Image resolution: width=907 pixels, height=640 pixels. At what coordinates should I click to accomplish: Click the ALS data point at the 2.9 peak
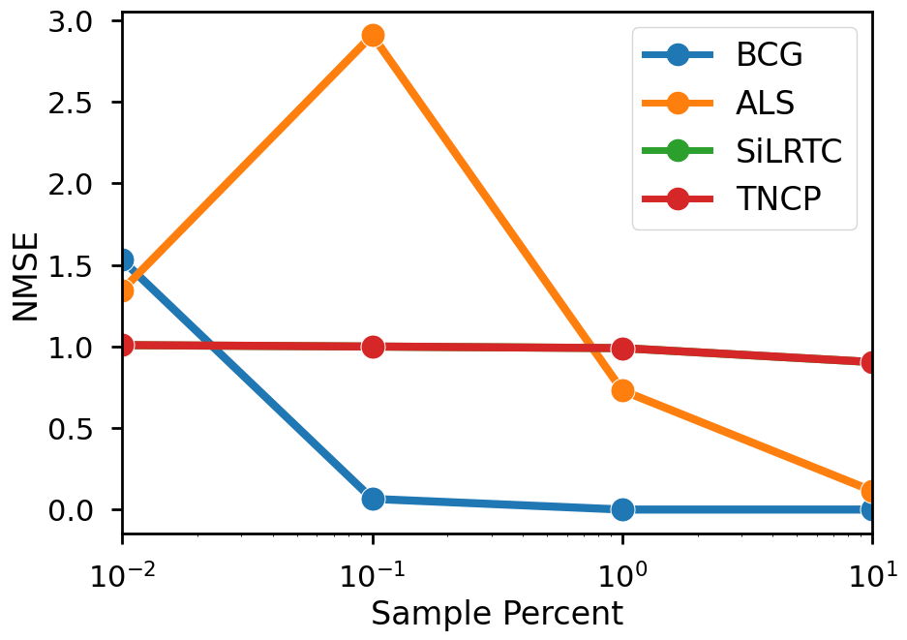373,36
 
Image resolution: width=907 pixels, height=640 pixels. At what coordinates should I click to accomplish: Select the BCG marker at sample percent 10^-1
373,499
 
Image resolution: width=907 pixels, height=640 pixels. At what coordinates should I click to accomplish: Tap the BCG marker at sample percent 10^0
622,509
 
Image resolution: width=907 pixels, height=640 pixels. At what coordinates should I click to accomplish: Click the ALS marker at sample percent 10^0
622,390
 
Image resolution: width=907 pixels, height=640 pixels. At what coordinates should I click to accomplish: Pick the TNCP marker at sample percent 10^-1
373,347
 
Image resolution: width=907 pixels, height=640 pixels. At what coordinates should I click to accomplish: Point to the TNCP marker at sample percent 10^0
622,349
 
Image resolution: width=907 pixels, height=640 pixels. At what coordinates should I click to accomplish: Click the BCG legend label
770,54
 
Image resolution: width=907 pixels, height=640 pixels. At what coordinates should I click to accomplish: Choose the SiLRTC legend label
789,151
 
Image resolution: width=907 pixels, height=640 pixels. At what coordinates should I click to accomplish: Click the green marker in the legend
678,151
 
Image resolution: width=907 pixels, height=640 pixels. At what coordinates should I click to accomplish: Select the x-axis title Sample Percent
497,613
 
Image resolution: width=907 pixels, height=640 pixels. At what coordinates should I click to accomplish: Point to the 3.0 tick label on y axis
74,20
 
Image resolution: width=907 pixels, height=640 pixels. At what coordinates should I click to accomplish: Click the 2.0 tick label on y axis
74,184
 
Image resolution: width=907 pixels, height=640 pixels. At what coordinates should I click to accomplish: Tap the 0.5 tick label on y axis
74,429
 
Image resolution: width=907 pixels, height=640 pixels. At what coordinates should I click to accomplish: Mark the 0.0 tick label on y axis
74,510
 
